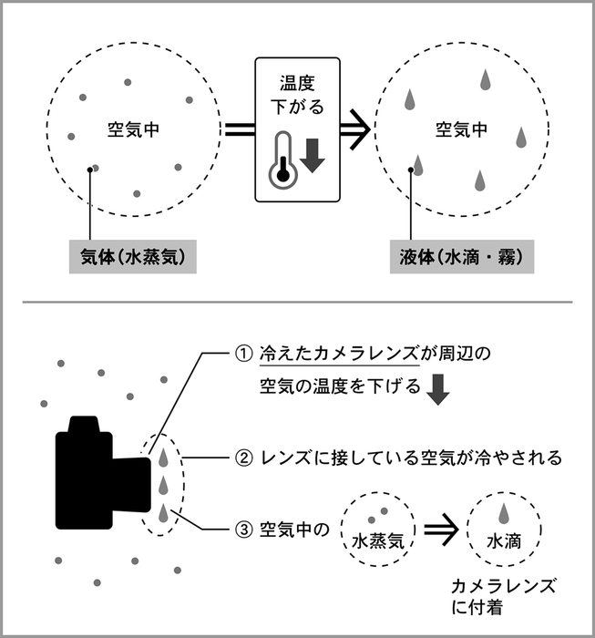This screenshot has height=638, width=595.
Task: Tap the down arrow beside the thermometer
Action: [313, 155]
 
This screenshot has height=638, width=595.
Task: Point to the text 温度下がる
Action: [297, 96]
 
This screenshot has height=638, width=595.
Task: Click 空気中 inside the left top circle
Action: [133, 129]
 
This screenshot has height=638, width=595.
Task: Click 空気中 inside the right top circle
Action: [460, 129]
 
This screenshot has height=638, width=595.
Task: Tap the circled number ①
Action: [241, 353]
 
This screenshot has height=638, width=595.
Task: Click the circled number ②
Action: [242, 457]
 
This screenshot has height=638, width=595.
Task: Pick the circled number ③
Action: [241, 530]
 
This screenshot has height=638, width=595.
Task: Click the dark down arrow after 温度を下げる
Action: [439, 389]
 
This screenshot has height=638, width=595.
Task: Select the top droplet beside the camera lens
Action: [163, 451]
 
